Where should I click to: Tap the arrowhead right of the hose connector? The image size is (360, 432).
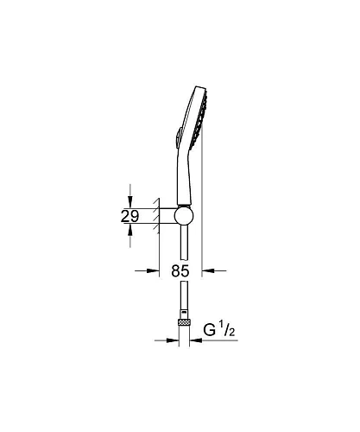point(194,340)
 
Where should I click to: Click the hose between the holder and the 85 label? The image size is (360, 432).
point(182,246)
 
